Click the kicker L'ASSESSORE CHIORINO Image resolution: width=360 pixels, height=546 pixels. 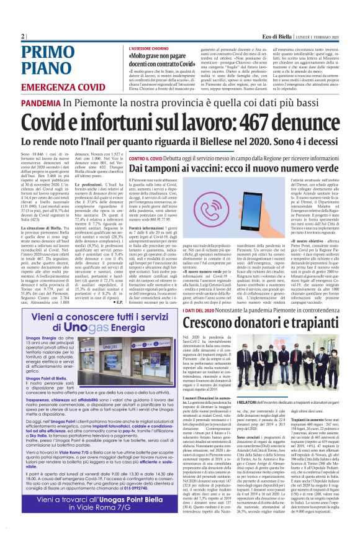(149, 48)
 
